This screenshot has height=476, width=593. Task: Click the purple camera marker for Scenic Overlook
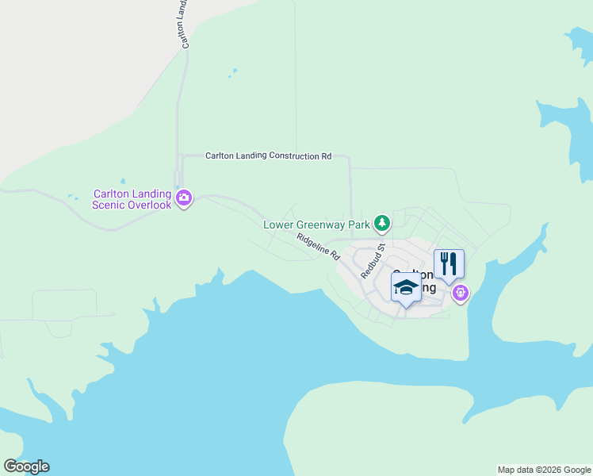coord(184,198)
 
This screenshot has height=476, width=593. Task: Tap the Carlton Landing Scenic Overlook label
coord(132,199)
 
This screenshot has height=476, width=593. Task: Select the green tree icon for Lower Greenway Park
coord(383,224)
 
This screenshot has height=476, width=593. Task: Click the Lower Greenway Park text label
coord(317,225)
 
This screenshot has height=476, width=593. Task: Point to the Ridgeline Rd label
coord(318,248)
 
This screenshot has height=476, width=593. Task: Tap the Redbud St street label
coord(373,261)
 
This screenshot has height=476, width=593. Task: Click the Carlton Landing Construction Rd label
coord(268,156)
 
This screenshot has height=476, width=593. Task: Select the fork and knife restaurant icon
coord(449,263)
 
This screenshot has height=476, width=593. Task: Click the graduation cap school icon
coord(405,287)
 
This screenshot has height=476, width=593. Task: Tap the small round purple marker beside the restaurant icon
coord(461,294)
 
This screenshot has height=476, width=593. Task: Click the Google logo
coord(26,466)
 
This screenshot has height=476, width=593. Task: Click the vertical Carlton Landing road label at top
coord(184,24)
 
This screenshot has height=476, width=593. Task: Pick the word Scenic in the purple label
coord(107,205)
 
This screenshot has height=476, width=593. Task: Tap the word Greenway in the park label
coord(320,225)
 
